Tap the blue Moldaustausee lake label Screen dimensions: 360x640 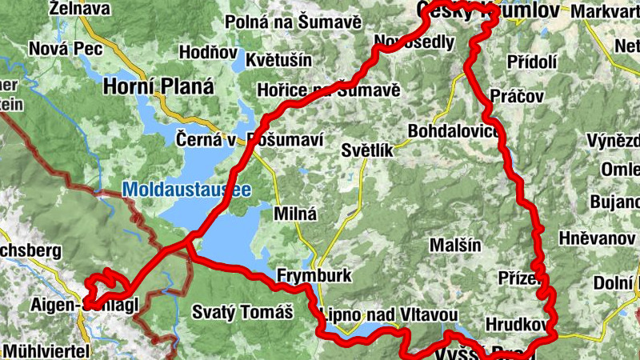click(x=186, y=190)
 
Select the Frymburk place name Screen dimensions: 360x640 click(x=314, y=276)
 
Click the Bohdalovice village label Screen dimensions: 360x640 click(x=454, y=129)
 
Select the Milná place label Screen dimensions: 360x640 click(x=295, y=214)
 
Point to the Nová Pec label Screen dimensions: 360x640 click(x=57, y=49)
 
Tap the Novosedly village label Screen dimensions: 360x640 click(x=415, y=42)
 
